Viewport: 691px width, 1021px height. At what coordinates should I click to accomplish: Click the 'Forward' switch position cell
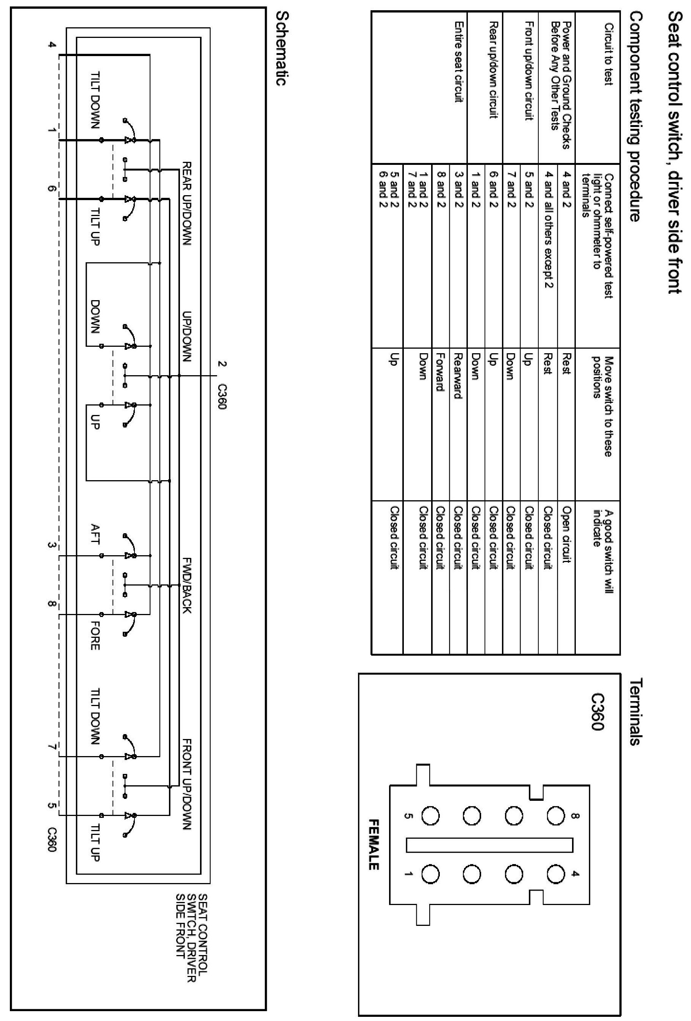pyautogui.click(x=440, y=372)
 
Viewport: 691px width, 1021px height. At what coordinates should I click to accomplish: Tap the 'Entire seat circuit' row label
pyautogui.click(x=458, y=62)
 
